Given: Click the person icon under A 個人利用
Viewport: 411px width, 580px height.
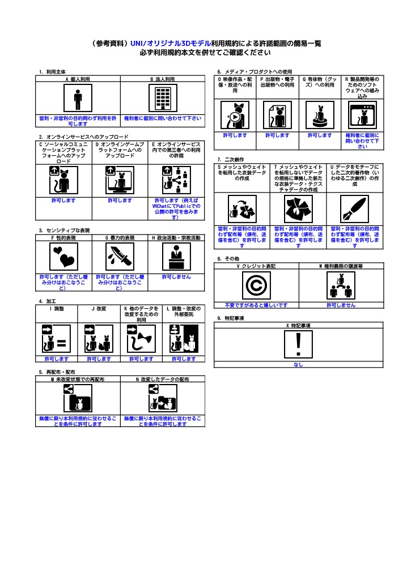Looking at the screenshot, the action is (78, 99).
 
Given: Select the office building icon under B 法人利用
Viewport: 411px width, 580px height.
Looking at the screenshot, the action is (162, 99).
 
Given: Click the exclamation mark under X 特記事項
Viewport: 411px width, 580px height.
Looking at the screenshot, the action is (298, 344).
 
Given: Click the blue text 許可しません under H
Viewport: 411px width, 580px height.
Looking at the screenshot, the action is (176, 277).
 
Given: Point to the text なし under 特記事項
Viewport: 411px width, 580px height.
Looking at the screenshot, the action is (298, 365).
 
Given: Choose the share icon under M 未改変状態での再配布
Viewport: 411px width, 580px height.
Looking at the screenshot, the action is (78, 399).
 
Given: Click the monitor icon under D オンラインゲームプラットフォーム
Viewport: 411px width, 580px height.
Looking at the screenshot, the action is (120, 180).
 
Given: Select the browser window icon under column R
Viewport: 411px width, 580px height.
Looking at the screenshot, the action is (362, 116).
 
